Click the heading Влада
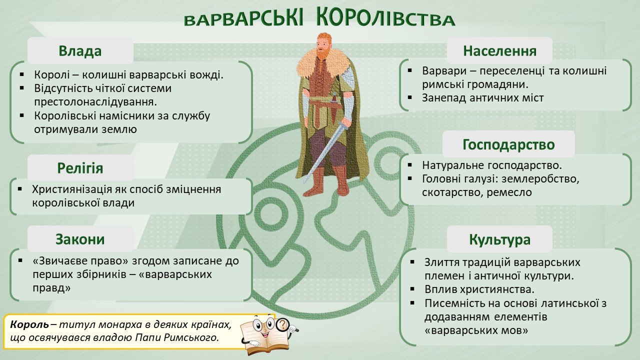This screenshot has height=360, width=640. [80, 51]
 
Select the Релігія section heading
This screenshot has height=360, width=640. [80, 168]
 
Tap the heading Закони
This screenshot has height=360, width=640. [80, 239]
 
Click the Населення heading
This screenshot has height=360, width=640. [499, 51]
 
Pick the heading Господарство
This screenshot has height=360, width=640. [508, 145]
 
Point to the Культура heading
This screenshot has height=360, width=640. [499, 239]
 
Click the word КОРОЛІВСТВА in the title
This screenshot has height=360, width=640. [385, 18]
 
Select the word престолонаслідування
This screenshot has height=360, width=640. [95, 101]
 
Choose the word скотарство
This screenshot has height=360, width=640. [451, 192]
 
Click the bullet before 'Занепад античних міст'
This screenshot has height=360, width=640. [410, 97]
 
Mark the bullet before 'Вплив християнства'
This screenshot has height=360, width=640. [412, 289]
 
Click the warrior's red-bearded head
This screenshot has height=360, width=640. [325, 45]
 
